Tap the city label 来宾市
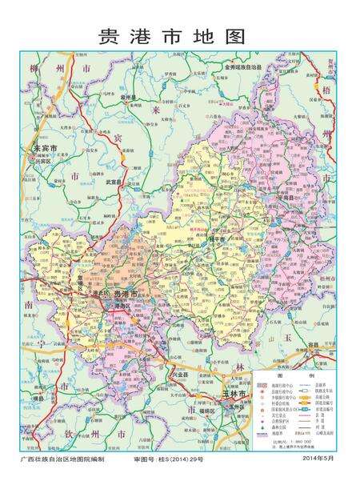[44, 149]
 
